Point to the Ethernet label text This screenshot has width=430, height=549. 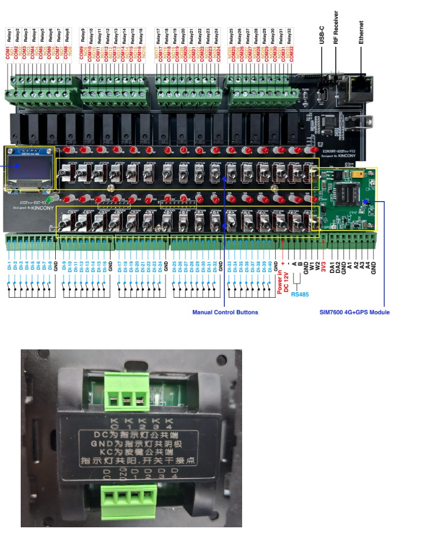pos(361,33)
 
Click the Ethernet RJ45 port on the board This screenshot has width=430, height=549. pos(359,87)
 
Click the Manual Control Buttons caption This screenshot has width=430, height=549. pos(225,312)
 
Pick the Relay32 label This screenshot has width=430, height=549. pos(289,35)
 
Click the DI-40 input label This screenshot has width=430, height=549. pos(269,266)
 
